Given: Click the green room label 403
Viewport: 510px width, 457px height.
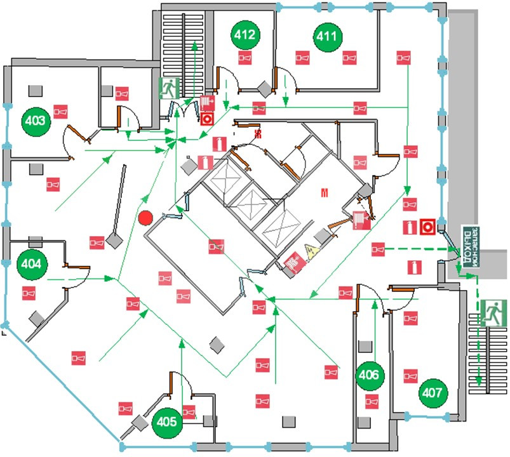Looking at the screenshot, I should (x=36, y=120).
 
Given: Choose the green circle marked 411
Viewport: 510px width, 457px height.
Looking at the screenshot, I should (x=326, y=37).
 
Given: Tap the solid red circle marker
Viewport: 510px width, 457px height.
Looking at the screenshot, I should (x=145, y=218).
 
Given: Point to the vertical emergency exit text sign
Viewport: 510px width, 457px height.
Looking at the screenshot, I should (x=471, y=245).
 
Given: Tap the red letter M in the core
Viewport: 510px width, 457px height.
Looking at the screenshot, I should (x=325, y=191).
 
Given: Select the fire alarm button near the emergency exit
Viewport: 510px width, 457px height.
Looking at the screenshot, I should (x=427, y=225).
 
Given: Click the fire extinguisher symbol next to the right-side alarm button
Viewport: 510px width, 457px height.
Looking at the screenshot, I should (x=410, y=226).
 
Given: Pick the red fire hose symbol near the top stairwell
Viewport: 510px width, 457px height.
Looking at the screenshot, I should (x=206, y=102).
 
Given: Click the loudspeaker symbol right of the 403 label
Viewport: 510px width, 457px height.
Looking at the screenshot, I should (x=60, y=112).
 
